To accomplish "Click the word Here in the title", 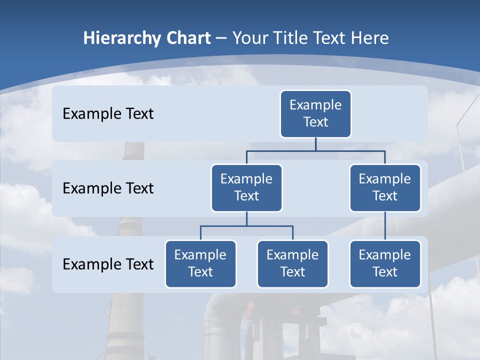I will click(369, 38).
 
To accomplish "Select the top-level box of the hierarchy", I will click(315, 114).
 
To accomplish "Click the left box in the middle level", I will click(246, 188).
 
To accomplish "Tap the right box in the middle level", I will click(384, 188).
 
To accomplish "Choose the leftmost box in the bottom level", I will click(200, 264).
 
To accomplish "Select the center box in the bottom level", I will click(292, 264).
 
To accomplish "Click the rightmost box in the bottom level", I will click(384, 264).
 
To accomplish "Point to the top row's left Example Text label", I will click(108, 114).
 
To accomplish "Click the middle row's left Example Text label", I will click(108, 188).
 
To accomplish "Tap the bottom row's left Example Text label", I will click(108, 264).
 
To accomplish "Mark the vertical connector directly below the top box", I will click(315, 144).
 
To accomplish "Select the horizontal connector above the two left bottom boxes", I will click(246, 226).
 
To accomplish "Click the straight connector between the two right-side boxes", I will click(385, 226).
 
